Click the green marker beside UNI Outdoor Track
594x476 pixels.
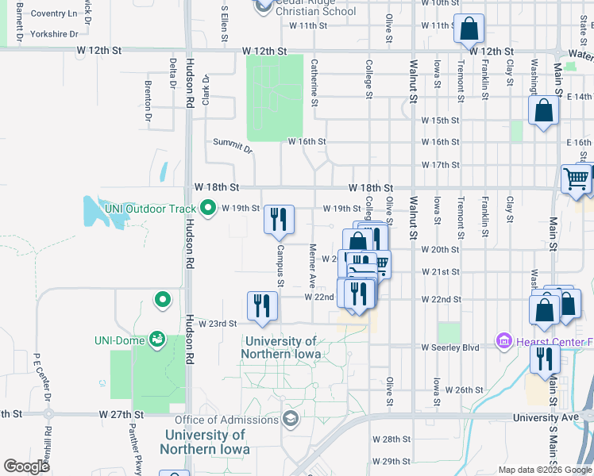coord(209,209)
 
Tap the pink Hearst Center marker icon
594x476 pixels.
coord(503,342)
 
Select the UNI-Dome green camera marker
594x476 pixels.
coord(157,340)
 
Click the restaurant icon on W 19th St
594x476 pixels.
coord(279,219)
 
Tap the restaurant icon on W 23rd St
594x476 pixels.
coord(262,305)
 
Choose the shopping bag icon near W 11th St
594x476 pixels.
coord(469,29)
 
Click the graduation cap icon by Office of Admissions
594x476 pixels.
coord(291,419)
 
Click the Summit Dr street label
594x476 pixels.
coord(232,145)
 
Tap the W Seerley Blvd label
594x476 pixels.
coord(451,347)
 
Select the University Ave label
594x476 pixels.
coord(546,417)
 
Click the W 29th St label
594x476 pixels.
coord(391,461)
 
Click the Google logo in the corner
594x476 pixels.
coord(26,466)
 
